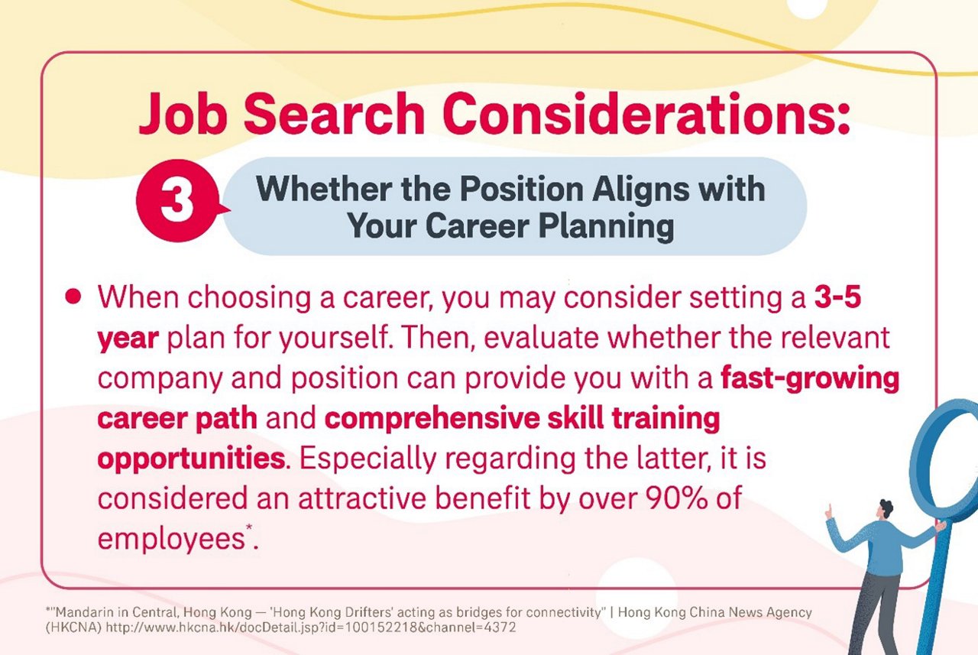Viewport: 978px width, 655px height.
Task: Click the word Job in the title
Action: (x=183, y=115)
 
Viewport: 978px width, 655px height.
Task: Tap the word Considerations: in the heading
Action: (x=647, y=115)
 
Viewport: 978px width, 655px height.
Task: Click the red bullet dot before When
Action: (x=73, y=297)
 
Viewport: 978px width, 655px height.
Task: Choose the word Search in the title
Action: (x=337, y=115)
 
